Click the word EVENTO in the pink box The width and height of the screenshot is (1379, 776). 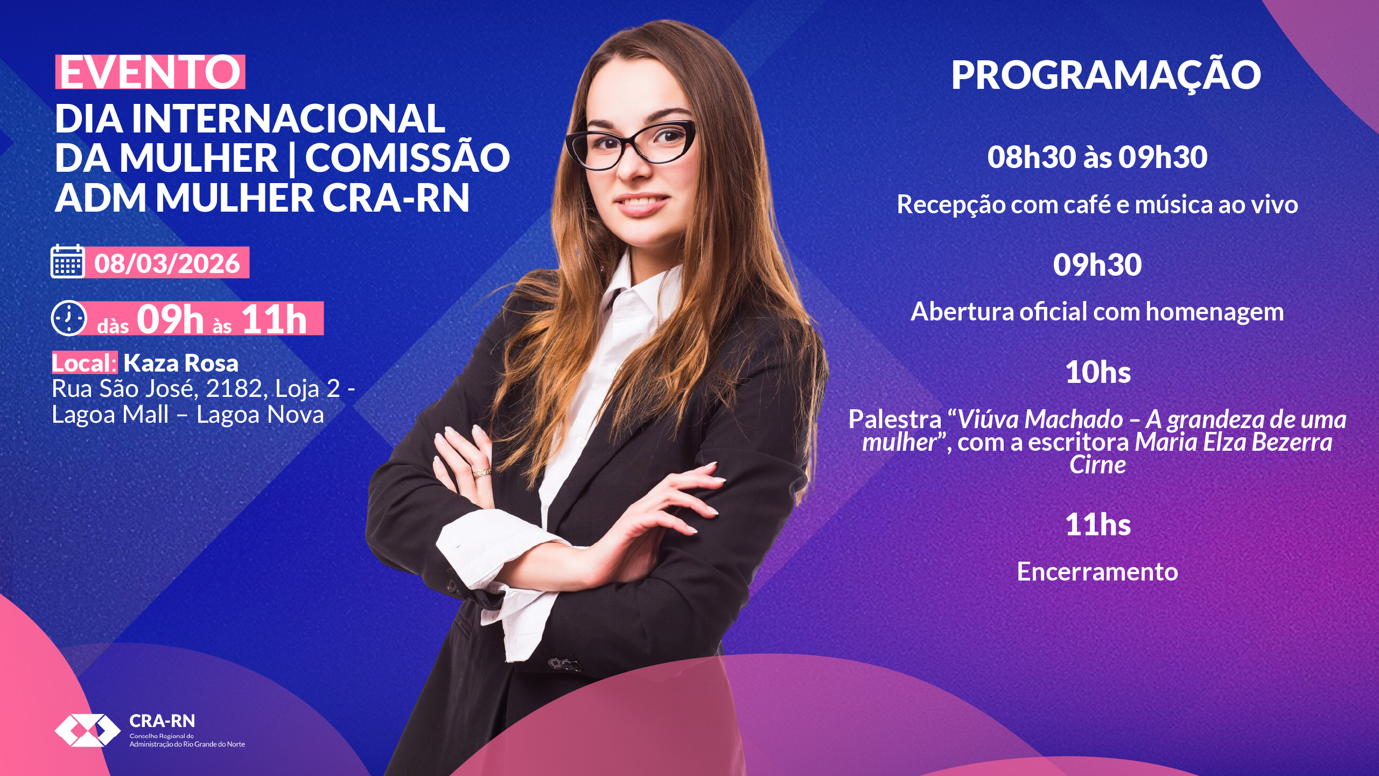[150, 72]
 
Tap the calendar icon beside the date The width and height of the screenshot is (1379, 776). [68, 261]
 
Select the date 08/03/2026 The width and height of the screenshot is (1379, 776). [167, 263]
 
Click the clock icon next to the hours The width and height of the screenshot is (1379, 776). [68, 318]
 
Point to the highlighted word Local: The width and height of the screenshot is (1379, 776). [84, 363]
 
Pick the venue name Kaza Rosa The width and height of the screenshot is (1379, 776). [180, 363]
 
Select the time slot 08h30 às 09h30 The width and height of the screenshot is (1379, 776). [1097, 157]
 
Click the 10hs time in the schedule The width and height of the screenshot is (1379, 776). [1098, 372]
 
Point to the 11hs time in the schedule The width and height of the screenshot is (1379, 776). [1098, 525]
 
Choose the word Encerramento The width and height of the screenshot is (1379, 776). [1097, 572]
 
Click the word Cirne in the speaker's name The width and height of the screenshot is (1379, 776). [1097, 465]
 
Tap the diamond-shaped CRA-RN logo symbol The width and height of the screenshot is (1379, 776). [87, 730]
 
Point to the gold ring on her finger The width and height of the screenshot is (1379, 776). [481, 473]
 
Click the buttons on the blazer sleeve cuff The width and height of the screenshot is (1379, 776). [565, 665]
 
